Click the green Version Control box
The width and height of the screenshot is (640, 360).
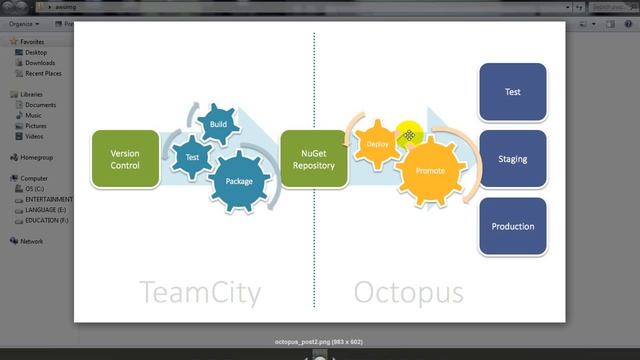coord(125,159)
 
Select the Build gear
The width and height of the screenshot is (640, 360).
coord(218,125)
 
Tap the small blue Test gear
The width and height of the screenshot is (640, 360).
coord(192,157)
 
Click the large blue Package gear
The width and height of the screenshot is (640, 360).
coord(239,181)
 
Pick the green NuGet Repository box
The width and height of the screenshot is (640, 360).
coord(313,159)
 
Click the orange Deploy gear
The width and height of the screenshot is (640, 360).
coord(378,144)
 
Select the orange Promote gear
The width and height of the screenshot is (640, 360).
coord(430,171)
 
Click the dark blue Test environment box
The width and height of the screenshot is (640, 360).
coord(512,92)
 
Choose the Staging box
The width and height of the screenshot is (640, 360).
coord(512,159)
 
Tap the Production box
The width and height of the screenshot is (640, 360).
coord(512,226)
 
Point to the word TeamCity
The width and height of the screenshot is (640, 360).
coord(200,292)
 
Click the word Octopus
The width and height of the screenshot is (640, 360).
coord(408,292)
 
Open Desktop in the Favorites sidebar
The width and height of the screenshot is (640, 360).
coord(36,52)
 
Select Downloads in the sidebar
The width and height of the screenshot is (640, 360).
coord(40,63)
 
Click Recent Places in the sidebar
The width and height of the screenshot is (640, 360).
coord(43,73)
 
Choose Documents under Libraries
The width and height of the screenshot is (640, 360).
coord(40,105)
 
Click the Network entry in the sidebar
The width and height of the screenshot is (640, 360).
coord(32,241)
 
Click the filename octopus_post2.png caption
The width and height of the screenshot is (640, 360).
coord(318,342)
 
